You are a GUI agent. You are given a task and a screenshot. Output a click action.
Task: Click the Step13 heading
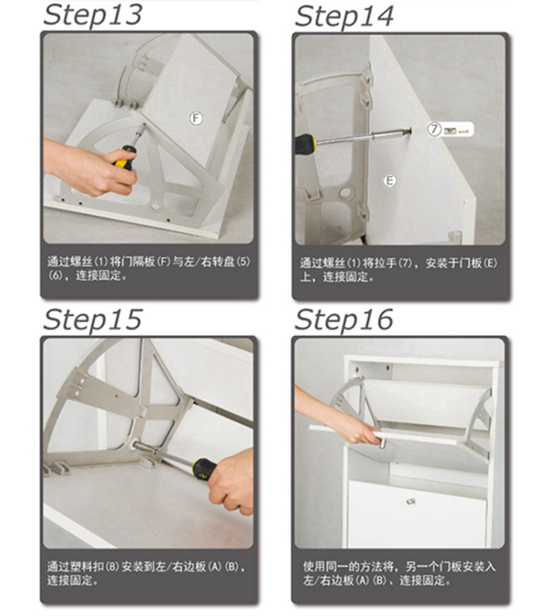pos(93,15)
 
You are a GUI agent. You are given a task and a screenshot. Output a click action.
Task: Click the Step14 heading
pos(344,16)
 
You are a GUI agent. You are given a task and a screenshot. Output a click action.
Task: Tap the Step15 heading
pos(93,320)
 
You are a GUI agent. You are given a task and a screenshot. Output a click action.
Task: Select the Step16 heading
pos(344,320)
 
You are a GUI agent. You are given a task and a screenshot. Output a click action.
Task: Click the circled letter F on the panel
pos(196,118)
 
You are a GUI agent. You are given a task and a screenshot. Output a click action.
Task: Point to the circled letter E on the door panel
pos(389,180)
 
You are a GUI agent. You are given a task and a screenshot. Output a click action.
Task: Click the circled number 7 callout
pos(434,129)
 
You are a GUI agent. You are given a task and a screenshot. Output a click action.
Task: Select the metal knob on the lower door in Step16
pos(411,501)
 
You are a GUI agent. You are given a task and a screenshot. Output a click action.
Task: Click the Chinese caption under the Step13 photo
pos(148,268)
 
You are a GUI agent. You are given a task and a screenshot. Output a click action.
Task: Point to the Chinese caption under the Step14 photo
pos(398,270)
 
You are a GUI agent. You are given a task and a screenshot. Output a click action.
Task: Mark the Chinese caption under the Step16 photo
pos(399,573)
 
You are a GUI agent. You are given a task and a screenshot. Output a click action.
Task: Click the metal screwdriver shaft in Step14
pos(362,137)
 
